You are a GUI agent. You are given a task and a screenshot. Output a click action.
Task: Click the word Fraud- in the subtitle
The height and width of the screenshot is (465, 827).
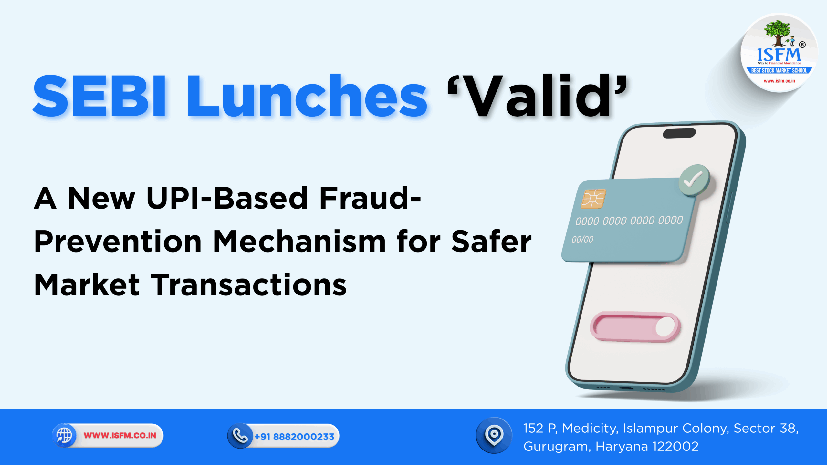click(370, 198)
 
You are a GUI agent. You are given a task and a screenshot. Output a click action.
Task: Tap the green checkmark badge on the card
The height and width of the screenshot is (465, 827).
click(694, 180)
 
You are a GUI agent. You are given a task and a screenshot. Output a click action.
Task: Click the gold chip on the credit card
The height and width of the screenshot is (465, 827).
click(593, 199)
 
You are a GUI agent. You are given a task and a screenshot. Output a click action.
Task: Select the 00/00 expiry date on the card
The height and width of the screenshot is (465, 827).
click(582, 240)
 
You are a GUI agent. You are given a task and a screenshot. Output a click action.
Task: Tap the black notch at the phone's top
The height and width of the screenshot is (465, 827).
click(679, 133)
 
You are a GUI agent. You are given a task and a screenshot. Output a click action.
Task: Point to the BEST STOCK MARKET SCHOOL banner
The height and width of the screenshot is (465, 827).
click(779, 70)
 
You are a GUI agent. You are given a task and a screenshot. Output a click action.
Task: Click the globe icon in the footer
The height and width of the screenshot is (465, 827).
click(64, 435)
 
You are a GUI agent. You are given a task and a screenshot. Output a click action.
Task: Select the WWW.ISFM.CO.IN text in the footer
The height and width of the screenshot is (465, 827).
click(120, 436)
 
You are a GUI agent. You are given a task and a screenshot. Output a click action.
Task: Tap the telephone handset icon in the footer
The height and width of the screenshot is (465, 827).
click(240, 436)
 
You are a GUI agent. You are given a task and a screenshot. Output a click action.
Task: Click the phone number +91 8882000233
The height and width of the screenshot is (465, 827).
click(294, 437)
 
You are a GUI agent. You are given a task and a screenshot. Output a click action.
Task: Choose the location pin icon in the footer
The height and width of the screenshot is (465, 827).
click(494, 435)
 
